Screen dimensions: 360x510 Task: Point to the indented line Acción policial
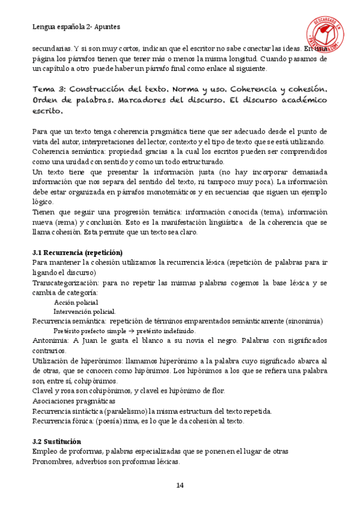click(76, 302)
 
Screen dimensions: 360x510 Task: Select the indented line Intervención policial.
click(85, 312)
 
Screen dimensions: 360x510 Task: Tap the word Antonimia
click(50, 340)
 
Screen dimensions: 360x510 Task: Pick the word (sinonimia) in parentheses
click(304, 321)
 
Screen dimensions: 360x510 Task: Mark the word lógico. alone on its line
click(42, 202)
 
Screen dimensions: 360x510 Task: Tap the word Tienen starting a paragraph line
click(44, 212)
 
